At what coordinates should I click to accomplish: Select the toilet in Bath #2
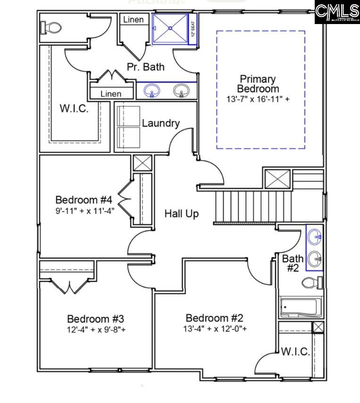click(x=311, y=283)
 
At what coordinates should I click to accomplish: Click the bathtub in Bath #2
click(x=301, y=307)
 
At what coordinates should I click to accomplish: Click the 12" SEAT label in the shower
click(x=193, y=30)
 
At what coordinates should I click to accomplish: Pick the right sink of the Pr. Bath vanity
click(x=181, y=90)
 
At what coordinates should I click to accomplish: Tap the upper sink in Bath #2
click(x=315, y=237)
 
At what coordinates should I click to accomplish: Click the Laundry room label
click(x=161, y=123)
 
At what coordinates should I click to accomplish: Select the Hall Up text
click(x=181, y=214)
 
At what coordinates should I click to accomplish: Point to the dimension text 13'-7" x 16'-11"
click(x=258, y=99)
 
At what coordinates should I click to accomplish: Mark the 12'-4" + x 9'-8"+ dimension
click(x=96, y=329)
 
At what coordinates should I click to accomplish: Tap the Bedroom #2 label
click(x=215, y=318)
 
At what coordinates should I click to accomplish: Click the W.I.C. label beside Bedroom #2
click(x=295, y=352)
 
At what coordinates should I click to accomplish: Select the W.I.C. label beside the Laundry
click(x=74, y=108)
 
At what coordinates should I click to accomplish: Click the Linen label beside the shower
click(x=134, y=20)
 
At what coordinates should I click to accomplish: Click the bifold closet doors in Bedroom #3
click(x=69, y=286)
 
